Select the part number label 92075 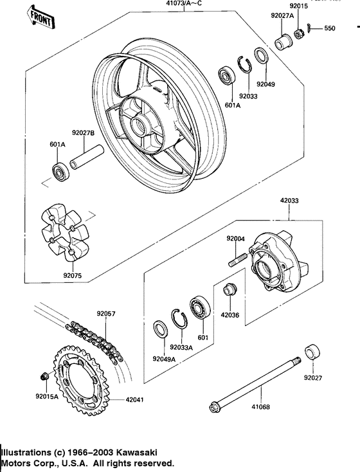73,278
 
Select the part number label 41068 261,407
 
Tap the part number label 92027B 84,132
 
